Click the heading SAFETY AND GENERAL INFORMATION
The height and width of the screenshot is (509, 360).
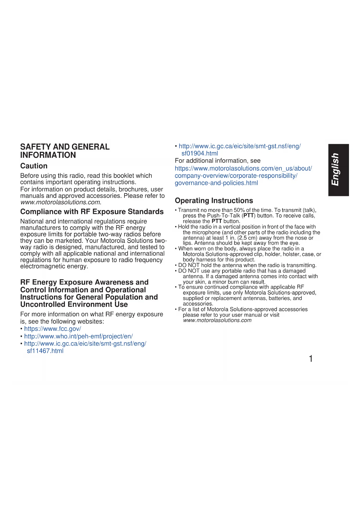65,151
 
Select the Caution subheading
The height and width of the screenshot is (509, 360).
34,166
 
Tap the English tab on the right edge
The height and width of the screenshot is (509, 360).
338,170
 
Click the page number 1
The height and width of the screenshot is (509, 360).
311,359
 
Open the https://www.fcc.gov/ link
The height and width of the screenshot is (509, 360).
53,329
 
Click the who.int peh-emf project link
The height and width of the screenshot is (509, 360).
78,336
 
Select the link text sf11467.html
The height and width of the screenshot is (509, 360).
45,351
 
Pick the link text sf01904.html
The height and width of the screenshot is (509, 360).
200,154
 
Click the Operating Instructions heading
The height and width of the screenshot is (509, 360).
214,201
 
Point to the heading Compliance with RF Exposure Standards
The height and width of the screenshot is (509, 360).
92,212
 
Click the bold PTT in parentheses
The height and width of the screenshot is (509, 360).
249,216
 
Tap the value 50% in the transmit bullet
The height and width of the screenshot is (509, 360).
239,210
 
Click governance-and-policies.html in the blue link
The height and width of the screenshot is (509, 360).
216,183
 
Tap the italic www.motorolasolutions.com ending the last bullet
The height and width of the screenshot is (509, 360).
217,320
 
